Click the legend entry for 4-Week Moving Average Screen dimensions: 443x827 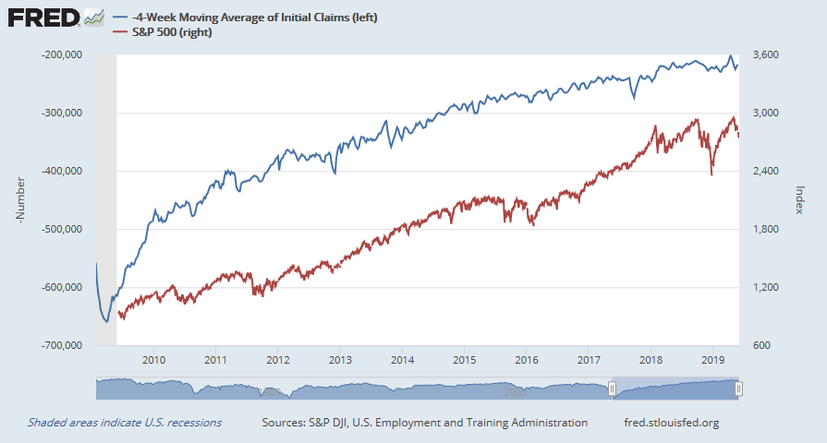point(249,18)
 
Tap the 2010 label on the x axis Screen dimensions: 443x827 point(153,360)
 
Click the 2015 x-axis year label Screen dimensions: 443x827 point(464,360)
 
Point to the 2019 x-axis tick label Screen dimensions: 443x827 point(712,360)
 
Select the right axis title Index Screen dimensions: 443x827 point(800,199)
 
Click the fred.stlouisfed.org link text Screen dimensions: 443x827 point(672,423)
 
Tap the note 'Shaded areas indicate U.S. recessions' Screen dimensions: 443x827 point(125,423)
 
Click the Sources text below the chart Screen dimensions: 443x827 point(424,423)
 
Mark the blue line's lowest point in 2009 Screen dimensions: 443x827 point(107,321)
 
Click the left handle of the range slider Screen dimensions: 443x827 point(612,390)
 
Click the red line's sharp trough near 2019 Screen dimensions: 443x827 point(711,174)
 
